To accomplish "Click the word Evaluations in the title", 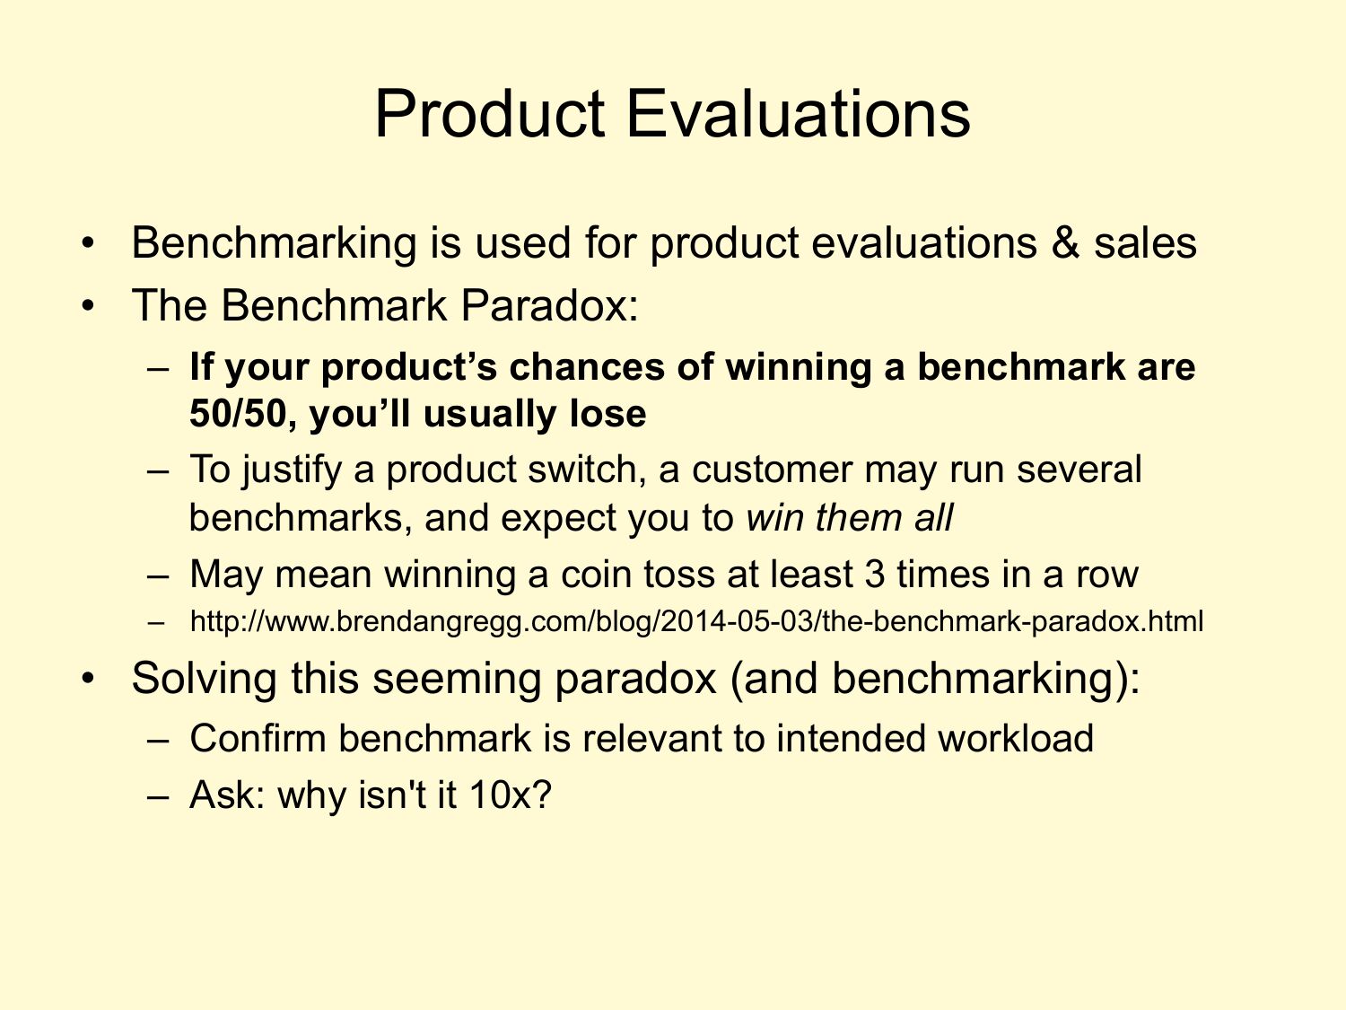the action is click(798, 114).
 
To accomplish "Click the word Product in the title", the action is click(490, 114).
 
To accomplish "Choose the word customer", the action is click(772, 470).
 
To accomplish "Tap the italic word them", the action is click(859, 518).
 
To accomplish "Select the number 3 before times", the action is click(874, 575).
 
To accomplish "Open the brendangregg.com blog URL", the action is click(696, 622).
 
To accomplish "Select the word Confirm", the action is click(258, 738).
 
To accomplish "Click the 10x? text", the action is click(511, 795).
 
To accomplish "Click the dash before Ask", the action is click(158, 795).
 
